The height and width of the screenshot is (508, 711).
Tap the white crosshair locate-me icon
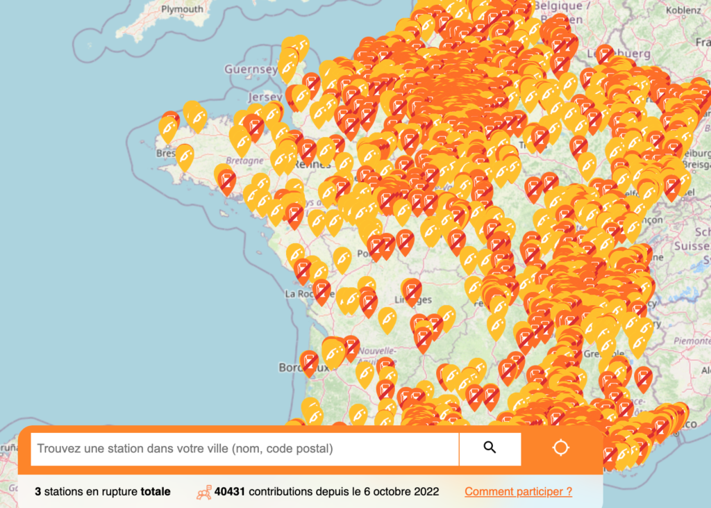pyautogui.click(x=561, y=448)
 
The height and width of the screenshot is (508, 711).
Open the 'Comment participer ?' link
pyautogui.click(x=519, y=492)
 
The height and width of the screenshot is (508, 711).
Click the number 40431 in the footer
pyautogui.click(x=230, y=492)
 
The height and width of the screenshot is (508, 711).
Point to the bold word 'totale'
pyautogui.click(x=156, y=492)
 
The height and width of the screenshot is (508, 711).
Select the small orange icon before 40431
pyautogui.click(x=204, y=492)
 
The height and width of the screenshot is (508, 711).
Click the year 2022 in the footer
pyautogui.click(x=424, y=492)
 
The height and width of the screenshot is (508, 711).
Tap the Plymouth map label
pyautogui.click(x=182, y=9)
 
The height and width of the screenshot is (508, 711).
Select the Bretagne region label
pyautogui.click(x=244, y=161)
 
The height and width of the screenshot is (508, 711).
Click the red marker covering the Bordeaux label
pyautogui.click(x=310, y=361)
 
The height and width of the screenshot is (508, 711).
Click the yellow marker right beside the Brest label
pyautogui.click(x=184, y=156)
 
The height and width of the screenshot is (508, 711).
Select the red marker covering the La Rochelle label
pyautogui.click(x=321, y=290)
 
